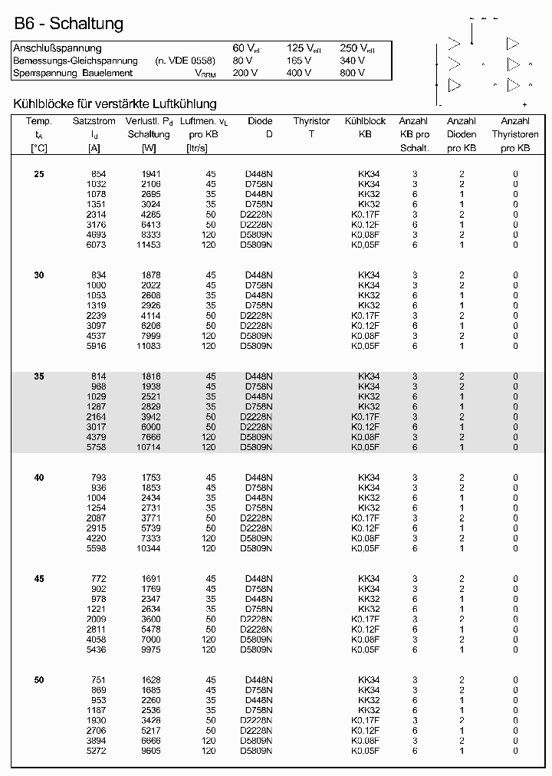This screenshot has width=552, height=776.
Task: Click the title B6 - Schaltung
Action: click(68, 24)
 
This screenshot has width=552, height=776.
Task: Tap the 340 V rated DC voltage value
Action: click(352, 61)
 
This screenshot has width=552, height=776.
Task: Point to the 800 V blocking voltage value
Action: click(352, 73)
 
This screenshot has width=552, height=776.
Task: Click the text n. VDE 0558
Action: click(186, 61)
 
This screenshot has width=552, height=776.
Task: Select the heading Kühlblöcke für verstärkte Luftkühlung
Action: click(115, 104)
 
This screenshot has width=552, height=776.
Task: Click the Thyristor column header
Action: click(311, 121)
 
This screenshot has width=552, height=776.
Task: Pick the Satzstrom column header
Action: click(94, 121)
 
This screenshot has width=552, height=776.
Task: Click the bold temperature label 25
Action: click(39, 174)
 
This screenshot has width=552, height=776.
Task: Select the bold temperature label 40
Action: click(39, 478)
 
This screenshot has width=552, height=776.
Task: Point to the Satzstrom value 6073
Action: click(96, 245)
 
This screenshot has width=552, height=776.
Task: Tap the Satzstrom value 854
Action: click(98, 174)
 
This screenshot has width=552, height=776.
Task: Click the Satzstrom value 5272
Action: click(96, 751)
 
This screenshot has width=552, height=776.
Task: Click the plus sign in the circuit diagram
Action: click(524, 104)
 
